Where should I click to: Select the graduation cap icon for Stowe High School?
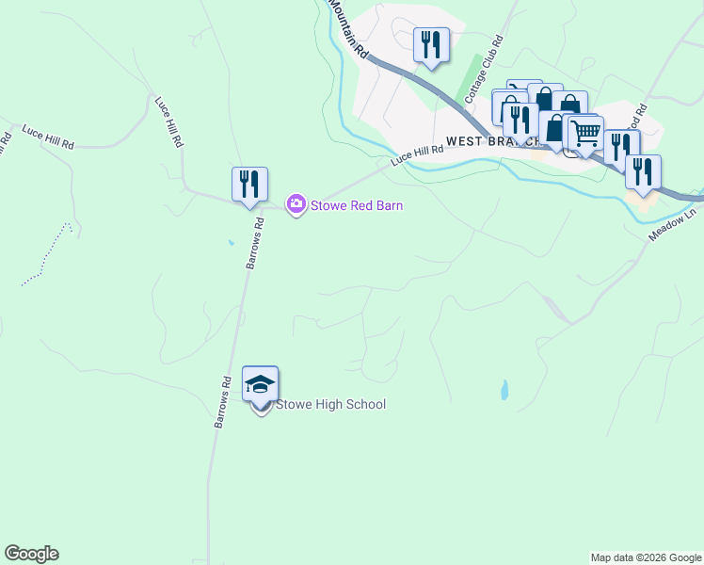(261, 383)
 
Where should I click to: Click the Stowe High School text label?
(330, 405)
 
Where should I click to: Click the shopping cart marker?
(585, 133)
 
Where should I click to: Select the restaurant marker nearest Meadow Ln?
(643, 171)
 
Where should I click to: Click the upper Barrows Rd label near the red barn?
(254, 243)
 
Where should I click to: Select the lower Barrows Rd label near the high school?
(223, 404)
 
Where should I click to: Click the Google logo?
(31, 554)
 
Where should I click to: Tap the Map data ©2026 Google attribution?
(645, 557)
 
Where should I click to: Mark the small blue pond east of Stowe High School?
(504, 389)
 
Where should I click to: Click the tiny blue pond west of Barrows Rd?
(232, 243)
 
